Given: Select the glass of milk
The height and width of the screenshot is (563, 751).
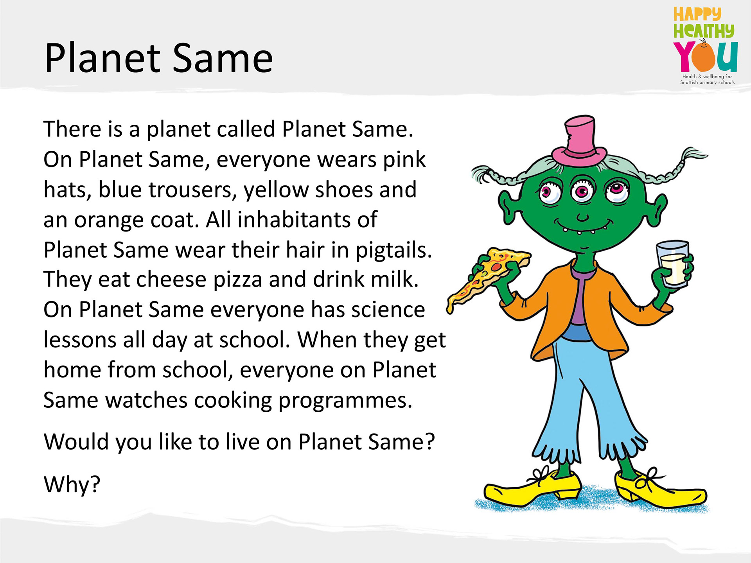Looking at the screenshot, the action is tap(672, 264).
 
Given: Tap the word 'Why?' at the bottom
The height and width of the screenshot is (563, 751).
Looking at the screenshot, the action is tap(72, 485).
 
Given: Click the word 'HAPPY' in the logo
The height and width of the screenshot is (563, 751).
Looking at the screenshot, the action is tap(697, 14).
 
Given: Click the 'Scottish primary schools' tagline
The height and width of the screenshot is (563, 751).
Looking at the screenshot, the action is tap(707, 82).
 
